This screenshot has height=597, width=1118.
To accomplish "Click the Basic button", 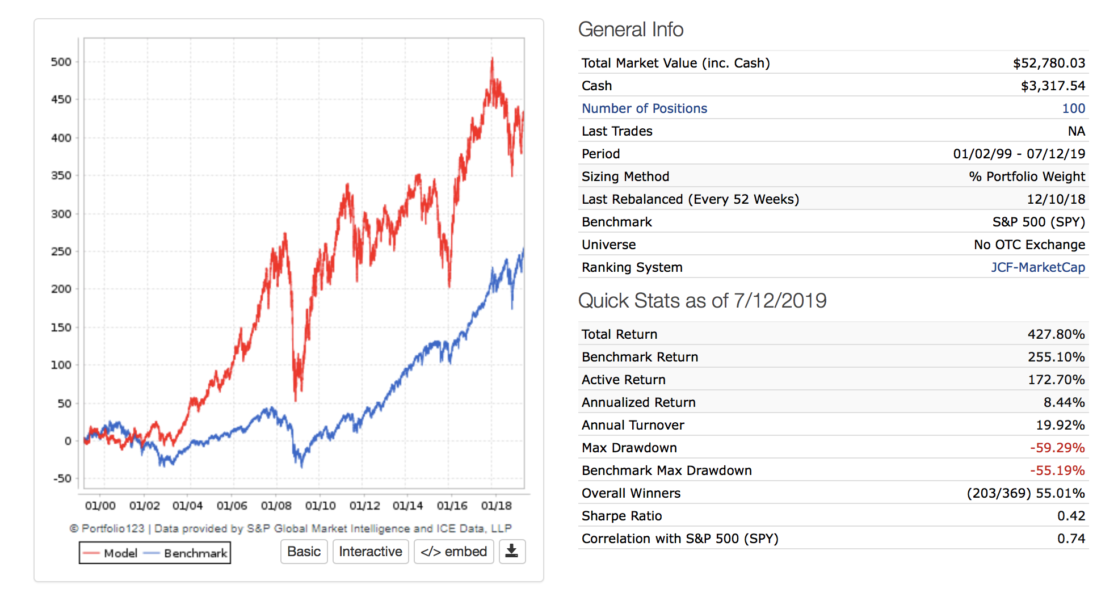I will [x=304, y=552].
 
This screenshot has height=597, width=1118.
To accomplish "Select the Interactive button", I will [x=370, y=552].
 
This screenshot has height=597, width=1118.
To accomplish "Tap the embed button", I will [x=453, y=552].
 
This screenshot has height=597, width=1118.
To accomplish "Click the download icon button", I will [x=512, y=552].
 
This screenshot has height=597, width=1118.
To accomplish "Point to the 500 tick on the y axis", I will [x=61, y=62].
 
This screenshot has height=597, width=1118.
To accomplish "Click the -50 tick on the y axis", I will [x=62, y=478].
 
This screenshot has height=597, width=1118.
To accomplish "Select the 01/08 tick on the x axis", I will [x=276, y=506].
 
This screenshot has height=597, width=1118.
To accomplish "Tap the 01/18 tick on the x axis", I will [x=496, y=506].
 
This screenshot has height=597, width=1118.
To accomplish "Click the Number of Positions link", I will [x=644, y=108].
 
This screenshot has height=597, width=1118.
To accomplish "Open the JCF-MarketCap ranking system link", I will [x=1037, y=267].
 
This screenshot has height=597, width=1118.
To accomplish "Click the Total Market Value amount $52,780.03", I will [x=1049, y=63].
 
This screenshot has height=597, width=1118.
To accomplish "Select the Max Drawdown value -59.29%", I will [x=1057, y=448].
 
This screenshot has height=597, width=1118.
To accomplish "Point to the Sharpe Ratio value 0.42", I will [x=1071, y=516].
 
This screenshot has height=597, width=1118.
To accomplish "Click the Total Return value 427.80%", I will [x=1056, y=334].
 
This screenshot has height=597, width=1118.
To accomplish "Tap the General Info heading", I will [x=631, y=30].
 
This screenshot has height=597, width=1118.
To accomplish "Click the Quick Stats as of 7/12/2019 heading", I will [x=702, y=301].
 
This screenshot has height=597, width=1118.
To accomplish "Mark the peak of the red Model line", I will [x=492, y=58].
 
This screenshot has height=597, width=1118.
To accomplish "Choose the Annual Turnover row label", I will [x=633, y=425].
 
